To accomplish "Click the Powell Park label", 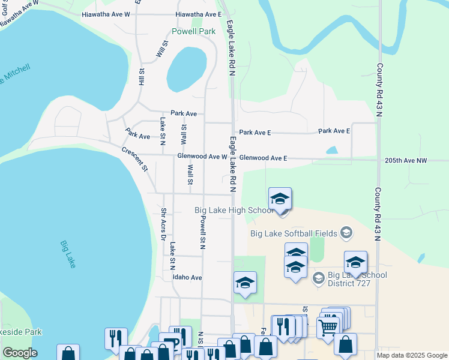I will pos(193,31).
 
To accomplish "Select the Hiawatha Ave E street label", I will pos(198,14).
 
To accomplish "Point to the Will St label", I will pos(161,49).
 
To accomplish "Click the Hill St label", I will pos(142,76).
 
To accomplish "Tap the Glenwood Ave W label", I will pos(202,157).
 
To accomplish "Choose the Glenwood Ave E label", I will pos(263,158).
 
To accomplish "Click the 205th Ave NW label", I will pos(406,160).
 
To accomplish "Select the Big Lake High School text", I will pos(235,210).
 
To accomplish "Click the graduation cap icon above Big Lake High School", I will pos(280,199).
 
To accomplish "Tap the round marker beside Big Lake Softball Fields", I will pos(346,232).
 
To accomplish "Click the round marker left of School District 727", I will pos(319,277).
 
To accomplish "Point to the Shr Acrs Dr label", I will pos(163,224).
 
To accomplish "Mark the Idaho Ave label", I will pos(187,277).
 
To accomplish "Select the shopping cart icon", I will pos(328,327).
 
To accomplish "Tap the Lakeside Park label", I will pos(22,331).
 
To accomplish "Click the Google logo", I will pos(20,353).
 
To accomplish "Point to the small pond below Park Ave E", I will pos(332,150).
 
